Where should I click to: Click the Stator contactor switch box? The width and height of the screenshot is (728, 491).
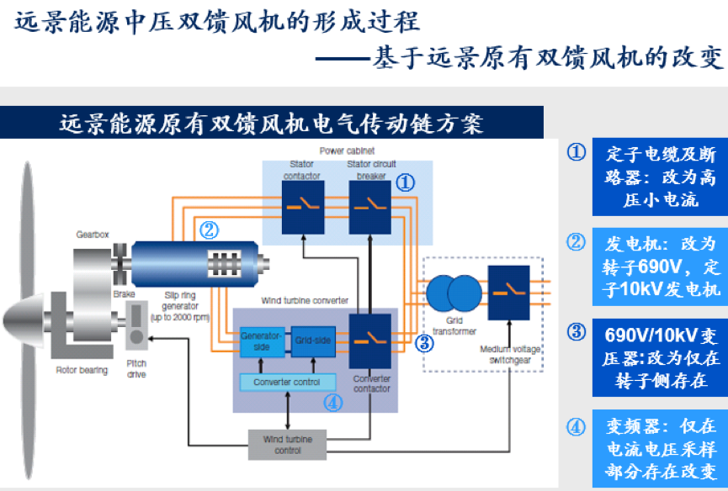click(x=302, y=207)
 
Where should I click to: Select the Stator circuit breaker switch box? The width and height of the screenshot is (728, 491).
click(x=370, y=207)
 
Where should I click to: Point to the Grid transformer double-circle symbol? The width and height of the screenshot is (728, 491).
click(x=454, y=293)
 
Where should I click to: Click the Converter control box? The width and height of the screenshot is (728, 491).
click(x=287, y=382)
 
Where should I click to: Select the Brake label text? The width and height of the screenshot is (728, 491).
click(x=125, y=295)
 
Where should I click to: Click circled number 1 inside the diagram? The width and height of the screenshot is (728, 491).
click(x=406, y=182)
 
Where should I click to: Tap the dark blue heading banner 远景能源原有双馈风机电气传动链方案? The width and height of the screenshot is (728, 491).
click(x=271, y=124)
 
